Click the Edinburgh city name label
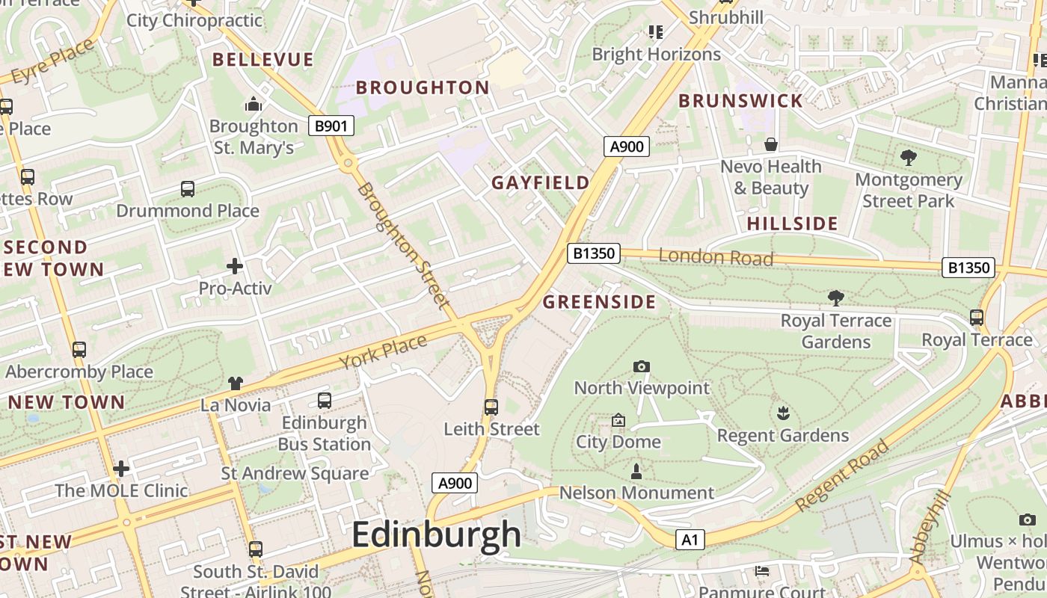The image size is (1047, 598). tap(436, 534)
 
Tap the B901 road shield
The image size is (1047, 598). tap(331, 126)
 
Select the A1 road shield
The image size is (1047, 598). tap(690, 540)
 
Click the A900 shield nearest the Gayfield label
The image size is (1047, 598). tap(626, 147)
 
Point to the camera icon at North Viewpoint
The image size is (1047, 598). tap(641, 366)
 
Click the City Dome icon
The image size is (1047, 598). tap(618, 421)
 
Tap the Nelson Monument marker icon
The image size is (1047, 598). tap(636, 471)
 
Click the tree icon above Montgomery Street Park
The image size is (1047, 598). tap(908, 158)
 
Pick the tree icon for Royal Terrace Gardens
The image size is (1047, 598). tap(835, 298)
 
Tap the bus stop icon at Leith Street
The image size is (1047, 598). tap(491, 407)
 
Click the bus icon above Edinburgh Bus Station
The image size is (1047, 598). tap(324, 401)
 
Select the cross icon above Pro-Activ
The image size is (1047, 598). tap(235, 266)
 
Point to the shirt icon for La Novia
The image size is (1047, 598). tap(236, 383)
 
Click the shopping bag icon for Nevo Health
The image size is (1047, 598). tap(770, 144)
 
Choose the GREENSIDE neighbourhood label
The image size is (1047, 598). tap(599, 302)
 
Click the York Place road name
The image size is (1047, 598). tap(383, 351)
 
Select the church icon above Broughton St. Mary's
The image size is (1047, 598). tap(254, 105)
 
